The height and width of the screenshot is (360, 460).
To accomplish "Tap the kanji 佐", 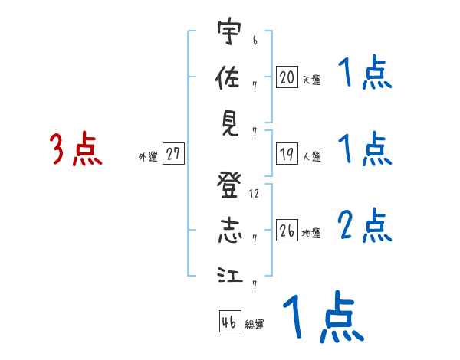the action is [227, 78].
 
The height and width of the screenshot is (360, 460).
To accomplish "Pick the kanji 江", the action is [227, 276].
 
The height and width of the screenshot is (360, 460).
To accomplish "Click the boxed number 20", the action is [287, 77].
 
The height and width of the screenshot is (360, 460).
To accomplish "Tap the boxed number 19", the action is [287, 154].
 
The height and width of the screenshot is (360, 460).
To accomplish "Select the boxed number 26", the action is [287, 231].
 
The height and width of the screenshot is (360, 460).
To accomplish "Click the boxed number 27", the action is [174, 154].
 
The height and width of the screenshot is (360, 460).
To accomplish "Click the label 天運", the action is [311, 80].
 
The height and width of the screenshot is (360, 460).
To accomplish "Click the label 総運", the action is [255, 324].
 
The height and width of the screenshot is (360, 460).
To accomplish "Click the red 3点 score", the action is [75, 149].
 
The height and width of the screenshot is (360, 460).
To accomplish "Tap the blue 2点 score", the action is [365, 225].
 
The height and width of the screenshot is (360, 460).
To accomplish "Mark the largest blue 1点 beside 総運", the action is [321, 317].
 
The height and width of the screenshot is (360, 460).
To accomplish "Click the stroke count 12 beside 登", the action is [254, 193].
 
